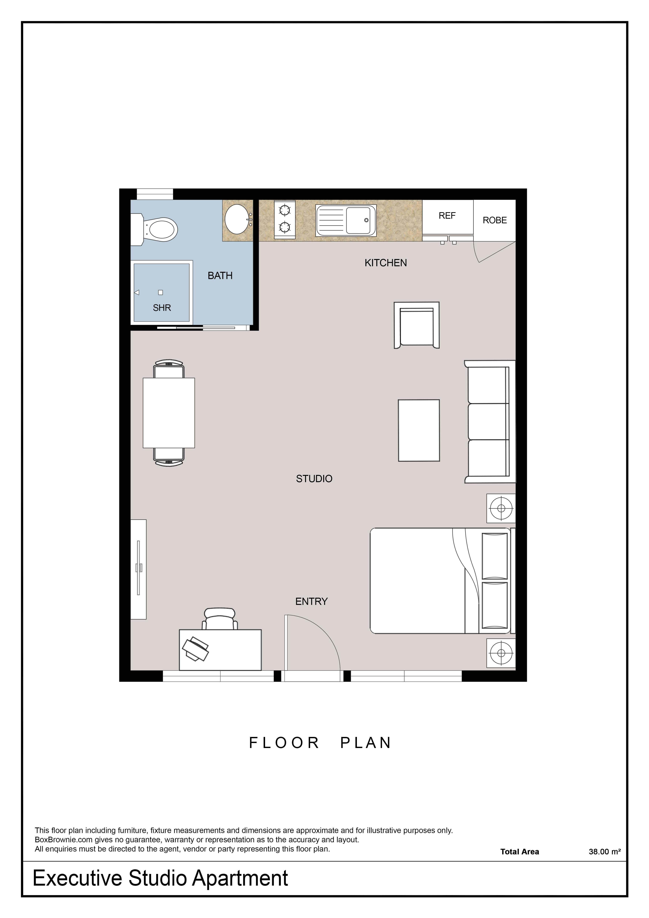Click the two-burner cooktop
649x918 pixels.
pos(285,220)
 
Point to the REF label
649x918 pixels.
pos(447,216)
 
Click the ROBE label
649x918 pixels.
pos(495,220)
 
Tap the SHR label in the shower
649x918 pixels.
pos(162,308)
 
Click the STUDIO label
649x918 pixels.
pos(314,479)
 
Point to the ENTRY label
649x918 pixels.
pos(311,601)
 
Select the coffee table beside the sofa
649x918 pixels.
pos(419,430)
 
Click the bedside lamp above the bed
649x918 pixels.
pos(501,508)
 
